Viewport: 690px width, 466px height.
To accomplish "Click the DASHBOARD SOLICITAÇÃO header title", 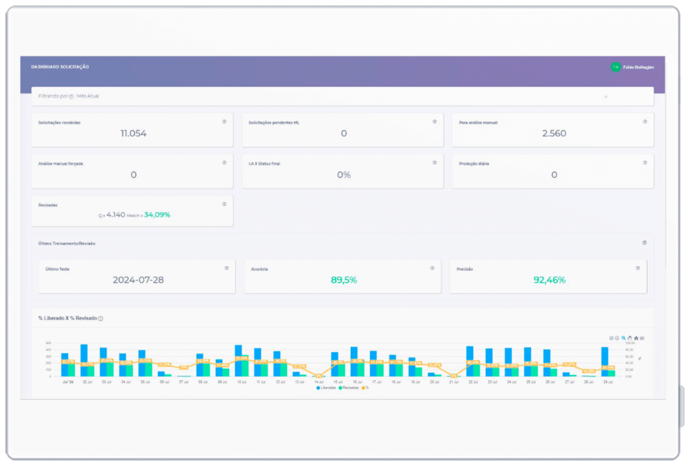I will [60, 67].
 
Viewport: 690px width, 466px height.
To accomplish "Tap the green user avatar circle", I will [615, 67].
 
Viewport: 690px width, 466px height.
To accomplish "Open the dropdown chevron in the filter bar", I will [606, 96].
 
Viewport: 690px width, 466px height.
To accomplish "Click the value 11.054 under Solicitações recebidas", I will [133, 133].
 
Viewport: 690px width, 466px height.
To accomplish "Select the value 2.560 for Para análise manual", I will [554, 133].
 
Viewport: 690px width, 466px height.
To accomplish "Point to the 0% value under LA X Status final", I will [344, 174].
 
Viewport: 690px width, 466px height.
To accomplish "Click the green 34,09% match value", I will [157, 215].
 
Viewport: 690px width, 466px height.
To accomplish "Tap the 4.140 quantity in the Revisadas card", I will [116, 215].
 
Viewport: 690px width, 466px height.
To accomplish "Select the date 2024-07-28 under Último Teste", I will [138, 279].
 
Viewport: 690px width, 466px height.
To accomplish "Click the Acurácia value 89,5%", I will [344, 279].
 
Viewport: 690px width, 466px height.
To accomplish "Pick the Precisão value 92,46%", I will [549, 279].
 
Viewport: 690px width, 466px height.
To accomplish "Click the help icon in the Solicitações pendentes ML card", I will [435, 122].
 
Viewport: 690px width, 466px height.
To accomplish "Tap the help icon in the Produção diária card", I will [645, 163].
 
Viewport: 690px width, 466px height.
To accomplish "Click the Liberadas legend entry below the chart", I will [327, 388].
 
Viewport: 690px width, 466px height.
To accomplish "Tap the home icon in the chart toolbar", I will [636, 338].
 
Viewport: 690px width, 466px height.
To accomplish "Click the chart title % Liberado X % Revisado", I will [67, 318].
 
